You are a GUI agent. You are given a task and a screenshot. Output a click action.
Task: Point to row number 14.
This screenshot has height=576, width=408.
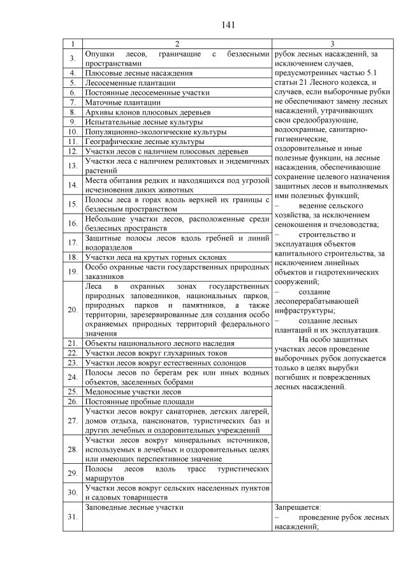coord(73,185)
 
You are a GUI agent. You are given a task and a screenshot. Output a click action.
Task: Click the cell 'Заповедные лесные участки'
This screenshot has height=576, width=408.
coord(134,507)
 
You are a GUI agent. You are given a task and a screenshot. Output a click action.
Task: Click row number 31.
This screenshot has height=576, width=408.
coord(73,517)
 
